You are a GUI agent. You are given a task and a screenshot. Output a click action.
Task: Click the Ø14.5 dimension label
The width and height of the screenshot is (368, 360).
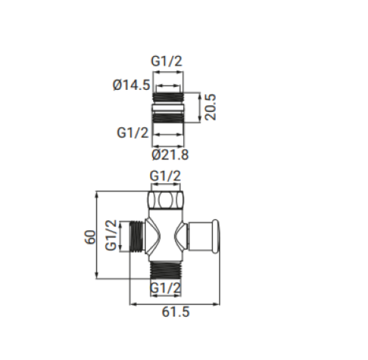(131, 84)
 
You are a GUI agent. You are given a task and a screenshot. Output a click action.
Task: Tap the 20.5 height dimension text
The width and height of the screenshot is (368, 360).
(210, 107)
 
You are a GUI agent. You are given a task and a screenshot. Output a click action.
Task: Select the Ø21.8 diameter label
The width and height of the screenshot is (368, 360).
(170, 155)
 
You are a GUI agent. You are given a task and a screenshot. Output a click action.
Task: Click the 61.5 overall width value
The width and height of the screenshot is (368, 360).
(176, 312)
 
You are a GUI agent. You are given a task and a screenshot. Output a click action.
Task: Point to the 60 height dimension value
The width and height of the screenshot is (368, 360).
(90, 237)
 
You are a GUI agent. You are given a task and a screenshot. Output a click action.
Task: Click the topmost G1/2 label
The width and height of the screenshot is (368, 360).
(166, 61)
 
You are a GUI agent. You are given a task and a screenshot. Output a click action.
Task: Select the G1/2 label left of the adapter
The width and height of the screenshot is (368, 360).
(133, 133)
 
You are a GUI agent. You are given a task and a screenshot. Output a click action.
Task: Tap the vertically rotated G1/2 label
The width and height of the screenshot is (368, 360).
(111, 235)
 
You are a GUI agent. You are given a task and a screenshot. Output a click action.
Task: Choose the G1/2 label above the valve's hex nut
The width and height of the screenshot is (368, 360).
(166, 176)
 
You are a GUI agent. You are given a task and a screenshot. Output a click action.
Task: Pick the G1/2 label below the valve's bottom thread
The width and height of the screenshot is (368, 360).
(166, 287)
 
